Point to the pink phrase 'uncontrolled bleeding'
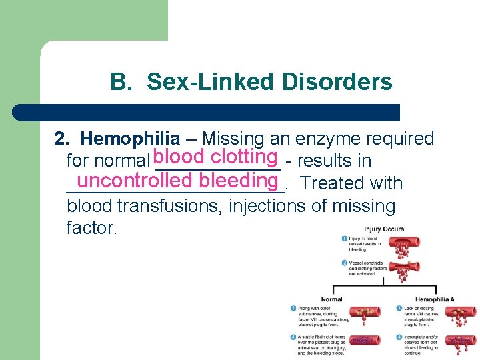[177, 180]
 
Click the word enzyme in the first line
[320, 139]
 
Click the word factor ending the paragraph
[92, 229]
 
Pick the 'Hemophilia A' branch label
[435, 299]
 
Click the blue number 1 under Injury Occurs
[344, 239]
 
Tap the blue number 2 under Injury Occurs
[344, 263]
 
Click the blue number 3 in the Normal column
[293, 308]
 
